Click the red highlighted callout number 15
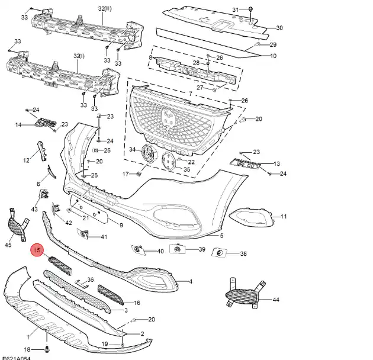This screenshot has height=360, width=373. (37, 252)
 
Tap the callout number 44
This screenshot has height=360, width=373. (276, 300)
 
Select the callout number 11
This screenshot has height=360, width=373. (283, 217)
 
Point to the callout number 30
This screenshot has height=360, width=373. (279, 28)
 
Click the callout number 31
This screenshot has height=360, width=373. (235, 10)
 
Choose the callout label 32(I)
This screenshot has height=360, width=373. (79, 56)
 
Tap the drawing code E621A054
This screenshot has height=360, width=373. (17, 356)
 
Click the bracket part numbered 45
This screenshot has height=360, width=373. (17, 225)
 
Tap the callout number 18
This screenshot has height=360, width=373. (26, 349)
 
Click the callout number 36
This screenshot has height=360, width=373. (91, 279)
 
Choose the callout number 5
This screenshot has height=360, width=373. (221, 236)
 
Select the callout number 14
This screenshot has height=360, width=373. (18, 125)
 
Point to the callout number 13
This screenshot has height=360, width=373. (276, 163)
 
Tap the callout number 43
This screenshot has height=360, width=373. (34, 209)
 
